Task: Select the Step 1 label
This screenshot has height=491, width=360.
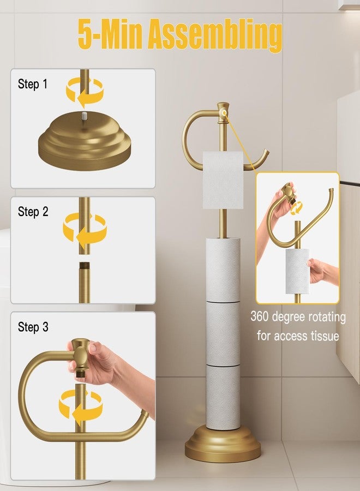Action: [33, 84]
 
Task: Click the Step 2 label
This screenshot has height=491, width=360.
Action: [33, 212]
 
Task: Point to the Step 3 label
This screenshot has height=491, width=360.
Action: [33, 327]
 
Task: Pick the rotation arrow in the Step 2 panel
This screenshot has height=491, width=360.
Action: [85, 228]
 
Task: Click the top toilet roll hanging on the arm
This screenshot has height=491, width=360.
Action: [223, 180]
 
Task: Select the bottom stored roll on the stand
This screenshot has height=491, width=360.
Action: [223, 396]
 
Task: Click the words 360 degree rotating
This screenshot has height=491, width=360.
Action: [298, 316]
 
